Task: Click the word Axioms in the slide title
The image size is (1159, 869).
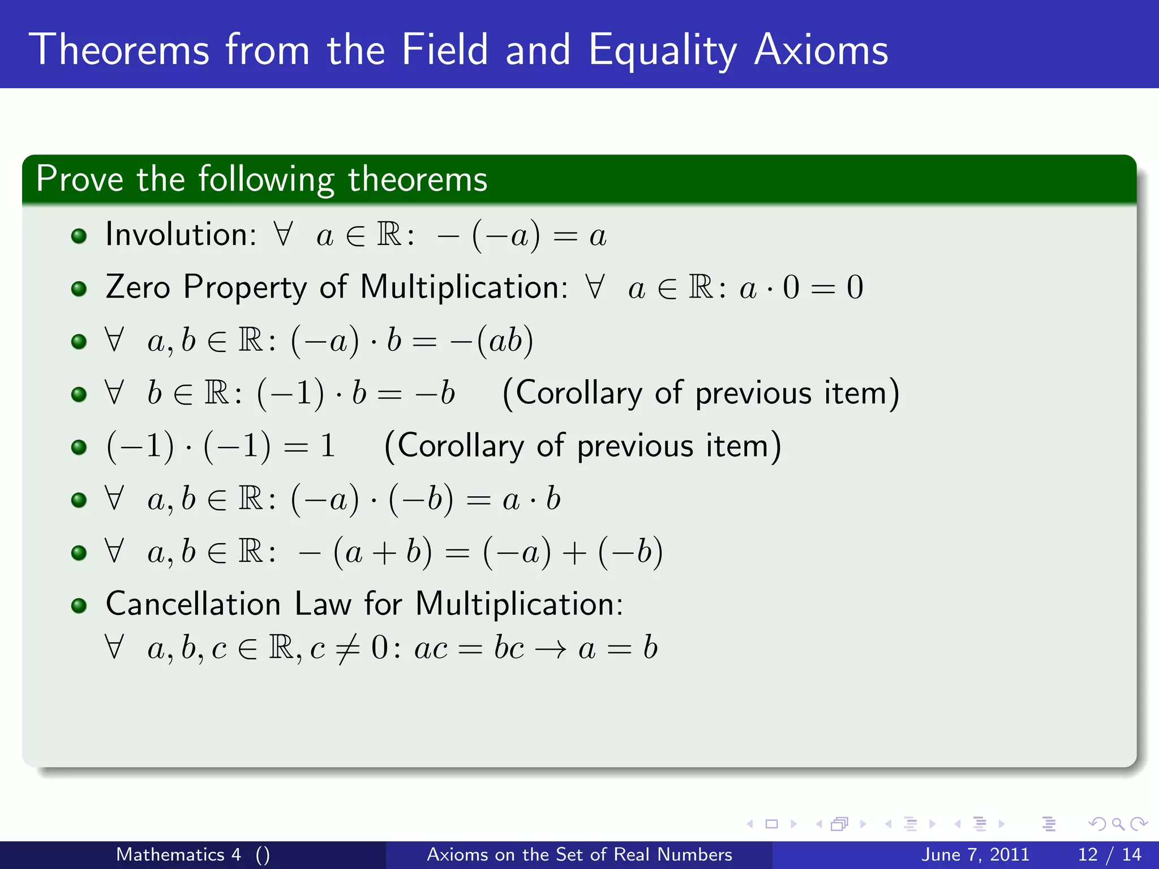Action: pos(821,51)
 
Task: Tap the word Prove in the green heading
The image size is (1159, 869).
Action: pos(79,179)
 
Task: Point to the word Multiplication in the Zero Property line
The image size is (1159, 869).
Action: pos(463,287)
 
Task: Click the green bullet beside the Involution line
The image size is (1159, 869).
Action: pos(79,235)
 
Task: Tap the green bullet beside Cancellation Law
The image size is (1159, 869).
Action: pos(79,606)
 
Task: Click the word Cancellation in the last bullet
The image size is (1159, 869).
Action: pos(193,604)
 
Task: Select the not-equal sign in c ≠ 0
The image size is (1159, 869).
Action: pos(347,648)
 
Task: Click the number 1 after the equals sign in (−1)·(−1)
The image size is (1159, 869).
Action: pos(327,446)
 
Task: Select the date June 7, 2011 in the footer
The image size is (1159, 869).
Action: pos(975,854)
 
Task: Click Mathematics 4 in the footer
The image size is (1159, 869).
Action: pos(178,854)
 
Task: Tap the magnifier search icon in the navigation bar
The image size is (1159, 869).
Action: pos(1118,824)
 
